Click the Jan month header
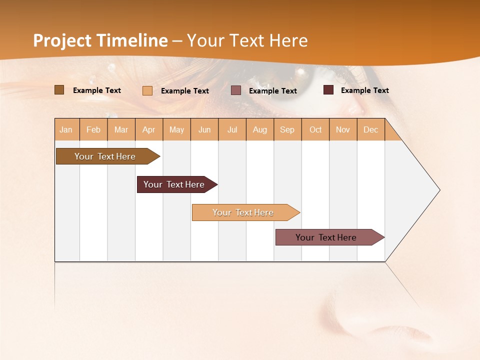pos(66,129)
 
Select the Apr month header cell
pos(149,129)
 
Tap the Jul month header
pos(232,129)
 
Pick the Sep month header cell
pos(287,129)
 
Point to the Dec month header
pos(370,129)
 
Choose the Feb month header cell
pos(93,129)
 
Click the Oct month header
pos(315,129)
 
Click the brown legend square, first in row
pos(59,90)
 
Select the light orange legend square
pos(147,90)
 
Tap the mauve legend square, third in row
pos(236,90)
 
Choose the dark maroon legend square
pos(328,90)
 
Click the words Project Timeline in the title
pos(100,40)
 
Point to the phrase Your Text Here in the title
pos(247,40)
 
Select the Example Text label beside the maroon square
pos(364,90)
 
